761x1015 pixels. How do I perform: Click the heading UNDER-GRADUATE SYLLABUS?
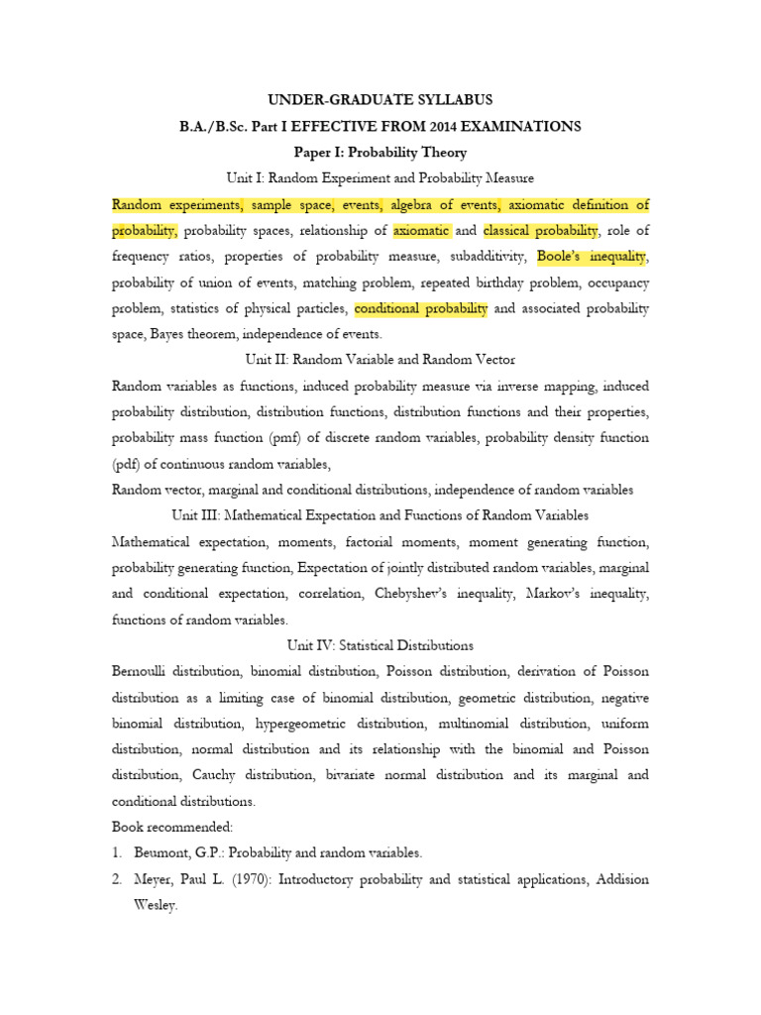pyautogui.click(x=380, y=100)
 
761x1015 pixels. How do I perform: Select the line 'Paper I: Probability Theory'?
pyautogui.click(x=380, y=153)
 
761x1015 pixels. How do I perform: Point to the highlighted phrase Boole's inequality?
pyautogui.click(x=593, y=257)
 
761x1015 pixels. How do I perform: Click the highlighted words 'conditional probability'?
pyautogui.click(x=420, y=308)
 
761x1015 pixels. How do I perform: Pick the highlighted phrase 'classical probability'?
pyautogui.click(x=541, y=231)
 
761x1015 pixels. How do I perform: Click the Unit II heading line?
pyautogui.click(x=380, y=359)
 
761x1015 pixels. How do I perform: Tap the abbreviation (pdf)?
pyautogui.click(x=128, y=463)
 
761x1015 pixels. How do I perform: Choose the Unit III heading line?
pyautogui.click(x=380, y=515)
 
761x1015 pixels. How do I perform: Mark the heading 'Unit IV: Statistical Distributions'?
pyautogui.click(x=380, y=645)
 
